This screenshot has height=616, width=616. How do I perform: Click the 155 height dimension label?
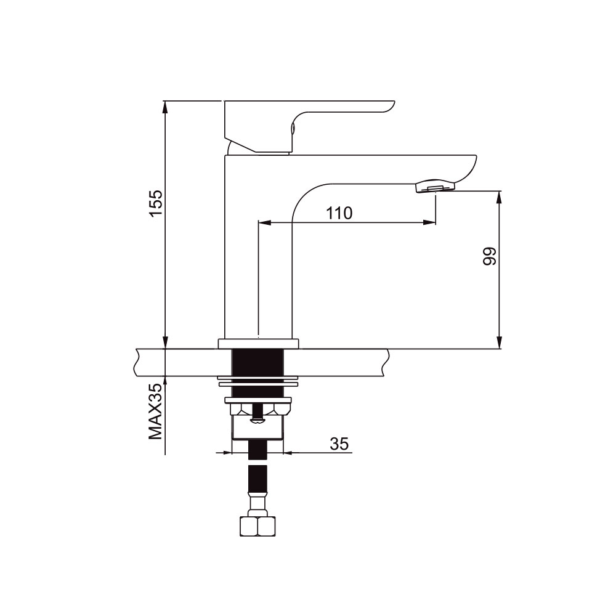(156, 203)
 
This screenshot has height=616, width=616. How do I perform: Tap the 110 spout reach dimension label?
(339, 213)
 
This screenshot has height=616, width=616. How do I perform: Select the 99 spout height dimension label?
(489, 256)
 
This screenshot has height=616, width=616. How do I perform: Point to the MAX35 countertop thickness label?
(156, 411)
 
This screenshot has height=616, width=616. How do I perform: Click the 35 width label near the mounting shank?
(339, 444)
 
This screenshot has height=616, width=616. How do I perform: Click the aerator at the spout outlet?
(434, 186)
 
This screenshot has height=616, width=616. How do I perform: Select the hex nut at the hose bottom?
(257, 525)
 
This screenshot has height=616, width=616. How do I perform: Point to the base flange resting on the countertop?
(259, 344)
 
